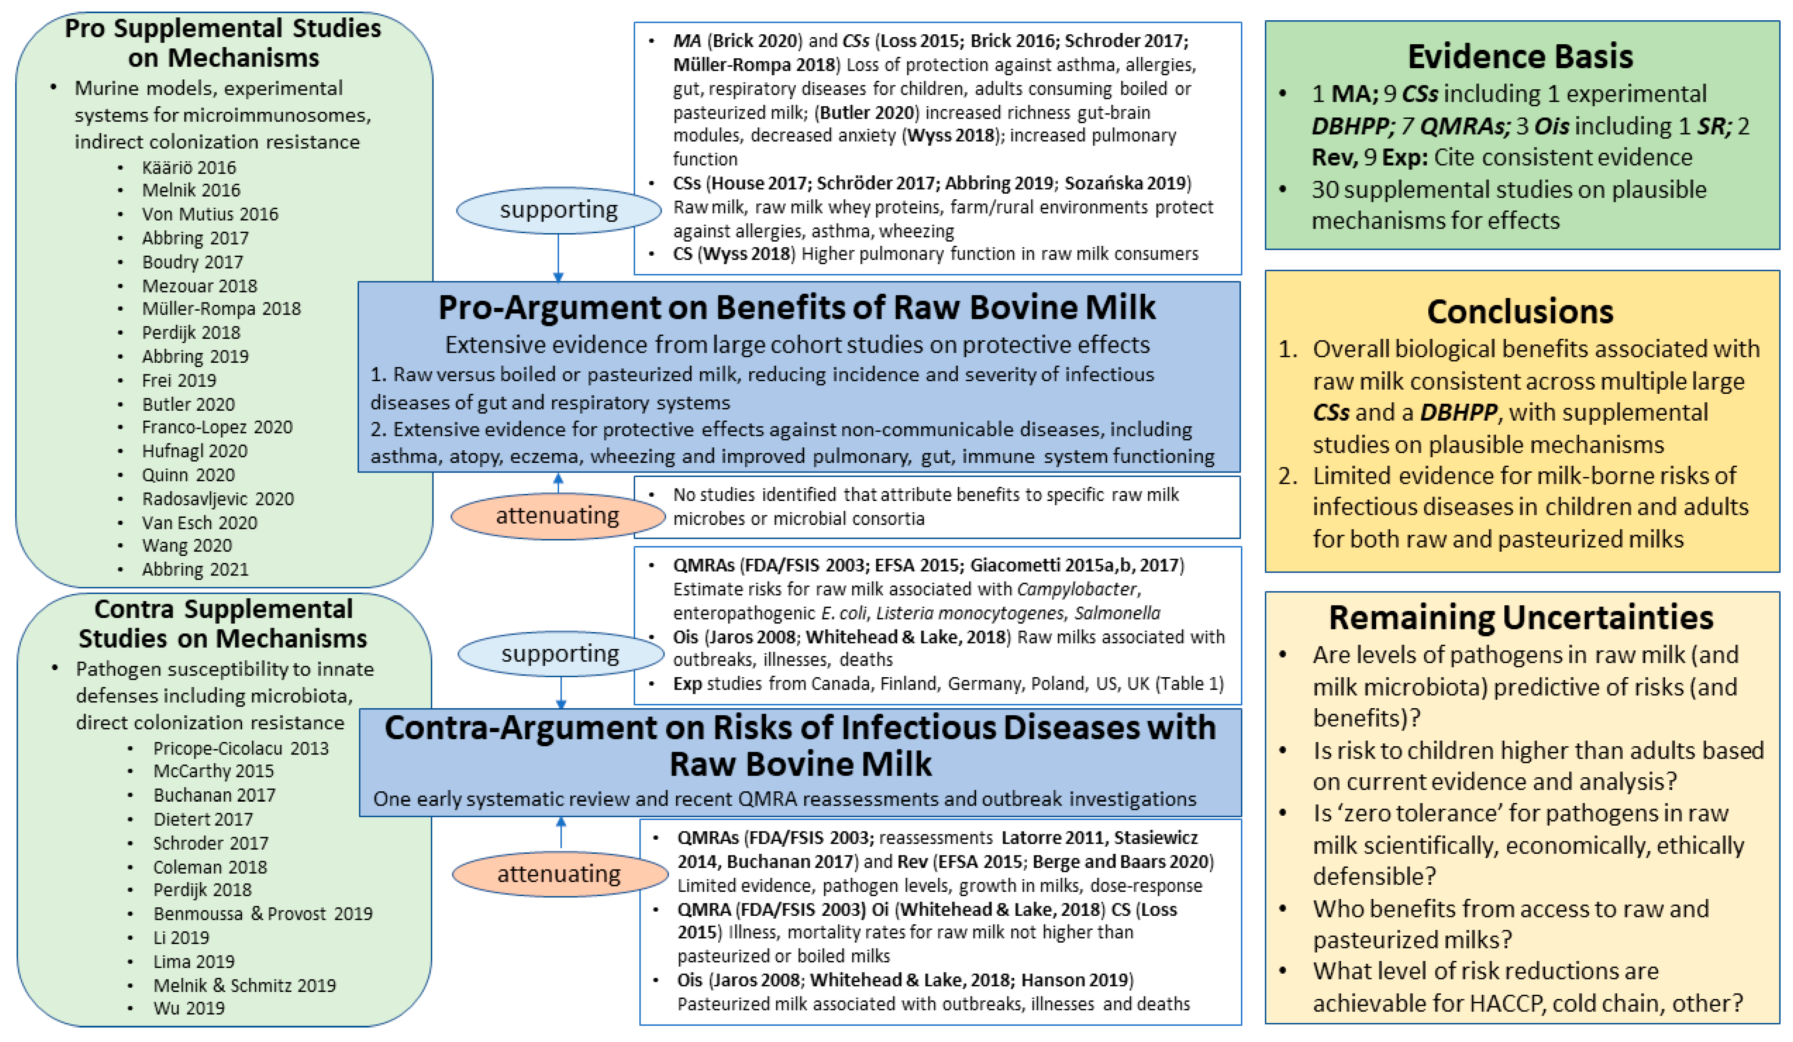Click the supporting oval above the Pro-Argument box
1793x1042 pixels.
559,211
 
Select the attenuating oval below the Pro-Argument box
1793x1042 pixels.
558,516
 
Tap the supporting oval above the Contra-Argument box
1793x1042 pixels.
561,654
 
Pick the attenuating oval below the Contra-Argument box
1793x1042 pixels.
559,874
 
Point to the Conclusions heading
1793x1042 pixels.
1520,312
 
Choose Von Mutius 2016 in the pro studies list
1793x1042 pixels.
210,214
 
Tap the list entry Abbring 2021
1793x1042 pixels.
195,570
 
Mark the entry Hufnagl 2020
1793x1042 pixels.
194,451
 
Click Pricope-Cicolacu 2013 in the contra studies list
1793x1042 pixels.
241,749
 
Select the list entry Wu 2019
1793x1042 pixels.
189,1008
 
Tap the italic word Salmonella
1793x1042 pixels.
1117,613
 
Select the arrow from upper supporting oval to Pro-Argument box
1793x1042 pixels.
559,258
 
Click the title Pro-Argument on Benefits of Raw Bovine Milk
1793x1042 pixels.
797,307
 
